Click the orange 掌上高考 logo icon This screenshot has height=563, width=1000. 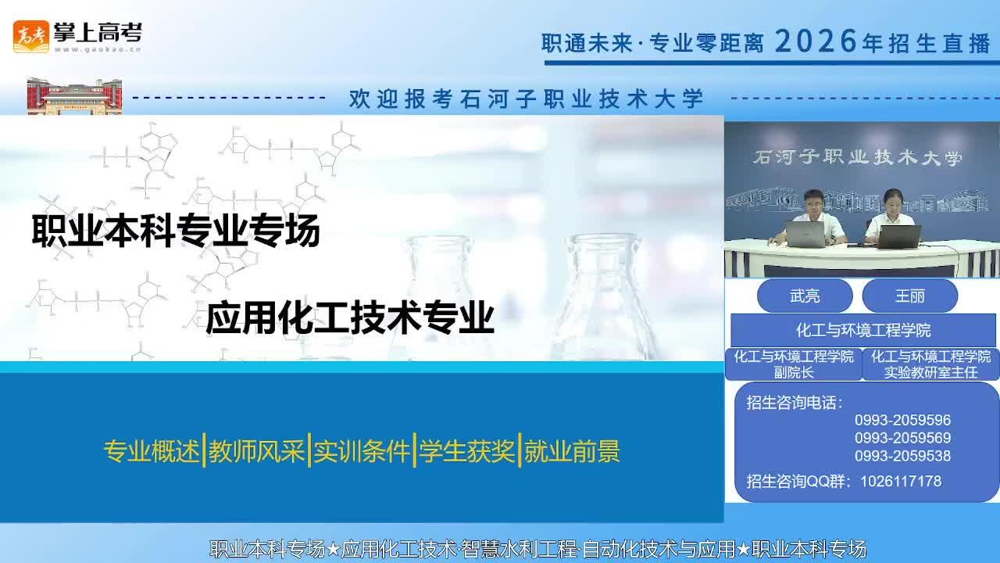click(x=30, y=37)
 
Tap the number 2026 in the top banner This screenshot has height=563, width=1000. click(x=816, y=41)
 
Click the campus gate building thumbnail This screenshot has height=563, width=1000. click(x=74, y=96)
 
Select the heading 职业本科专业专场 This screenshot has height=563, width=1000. click(x=176, y=231)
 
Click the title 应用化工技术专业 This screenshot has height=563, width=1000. click(x=350, y=317)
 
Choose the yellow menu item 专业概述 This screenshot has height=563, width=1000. click(x=152, y=451)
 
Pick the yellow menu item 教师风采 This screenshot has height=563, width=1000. click(x=257, y=451)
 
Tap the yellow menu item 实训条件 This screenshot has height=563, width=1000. click(x=362, y=451)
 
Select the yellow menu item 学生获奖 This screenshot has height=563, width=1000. click(x=467, y=451)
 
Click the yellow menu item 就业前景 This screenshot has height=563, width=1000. click(x=573, y=451)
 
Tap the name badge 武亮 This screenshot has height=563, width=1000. click(x=805, y=296)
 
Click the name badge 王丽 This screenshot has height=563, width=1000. click(x=910, y=296)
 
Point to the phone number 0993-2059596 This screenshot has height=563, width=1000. click(x=902, y=420)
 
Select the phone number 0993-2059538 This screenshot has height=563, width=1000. click(x=902, y=456)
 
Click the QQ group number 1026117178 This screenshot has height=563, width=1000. click(x=901, y=481)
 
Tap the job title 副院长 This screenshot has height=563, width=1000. click(x=794, y=373)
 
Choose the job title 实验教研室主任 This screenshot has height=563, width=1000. click(x=930, y=373)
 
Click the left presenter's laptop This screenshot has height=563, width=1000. click(x=805, y=235)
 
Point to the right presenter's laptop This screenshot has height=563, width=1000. click(x=899, y=236)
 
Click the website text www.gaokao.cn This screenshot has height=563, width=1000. click(x=98, y=49)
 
